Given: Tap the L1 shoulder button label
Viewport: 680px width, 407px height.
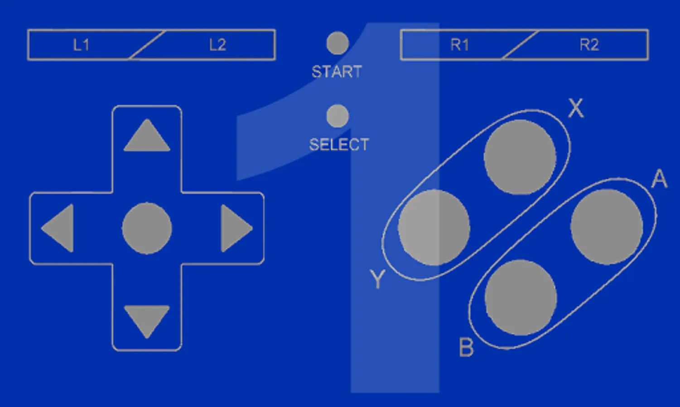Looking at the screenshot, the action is pyautogui.click(x=82, y=45).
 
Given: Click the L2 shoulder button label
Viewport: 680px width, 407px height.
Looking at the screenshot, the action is pyautogui.click(x=217, y=45).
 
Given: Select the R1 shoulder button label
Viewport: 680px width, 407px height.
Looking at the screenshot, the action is pyautogui.click(x=460, y=45).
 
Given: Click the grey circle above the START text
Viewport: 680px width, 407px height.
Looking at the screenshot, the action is pyautogui.click(x=338, y=43).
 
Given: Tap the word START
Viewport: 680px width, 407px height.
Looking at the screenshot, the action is pyautogui.click(x=337, y=72).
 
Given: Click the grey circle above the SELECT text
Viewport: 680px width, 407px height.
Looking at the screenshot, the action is pyautogui.click(x=338, y=116).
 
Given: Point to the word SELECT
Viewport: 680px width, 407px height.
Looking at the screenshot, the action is pyautogui.click(x=339, y=145).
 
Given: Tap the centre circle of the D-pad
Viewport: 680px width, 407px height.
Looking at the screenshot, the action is pyautogui.click(x=147, y=228).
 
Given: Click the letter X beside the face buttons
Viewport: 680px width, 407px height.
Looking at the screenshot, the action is pyautogui.click(x=575, y=108).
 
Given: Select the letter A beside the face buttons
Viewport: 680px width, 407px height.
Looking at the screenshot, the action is pyautogui.click(x=660, y=179).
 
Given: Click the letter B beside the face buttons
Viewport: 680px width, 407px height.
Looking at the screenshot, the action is pyautogui.click(x=466, y=348).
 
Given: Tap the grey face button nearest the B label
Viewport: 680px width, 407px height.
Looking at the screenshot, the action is pyautogui.click(x=521, y=298).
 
